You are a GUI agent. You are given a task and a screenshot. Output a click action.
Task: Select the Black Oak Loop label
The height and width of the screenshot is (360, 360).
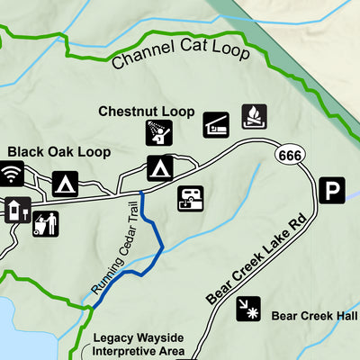[59, 152]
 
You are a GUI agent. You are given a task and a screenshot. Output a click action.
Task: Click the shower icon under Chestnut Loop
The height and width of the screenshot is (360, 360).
[159, 132]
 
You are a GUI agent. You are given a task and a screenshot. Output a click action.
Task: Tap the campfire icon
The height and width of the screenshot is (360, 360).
[254, 117]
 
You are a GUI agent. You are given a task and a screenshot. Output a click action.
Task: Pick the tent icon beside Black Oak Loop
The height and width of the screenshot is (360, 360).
[65, 184]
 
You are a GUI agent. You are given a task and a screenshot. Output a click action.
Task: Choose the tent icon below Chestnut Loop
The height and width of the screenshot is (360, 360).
[160, 168]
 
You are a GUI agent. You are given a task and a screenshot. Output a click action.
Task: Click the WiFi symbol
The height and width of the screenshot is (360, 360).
[13, 175]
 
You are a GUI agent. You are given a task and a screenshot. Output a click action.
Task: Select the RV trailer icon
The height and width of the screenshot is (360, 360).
[191, 198]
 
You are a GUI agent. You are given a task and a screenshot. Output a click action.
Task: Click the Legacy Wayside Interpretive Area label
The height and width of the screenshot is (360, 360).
[139, 344]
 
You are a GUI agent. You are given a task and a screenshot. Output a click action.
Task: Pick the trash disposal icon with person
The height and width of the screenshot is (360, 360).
[45, 222]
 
